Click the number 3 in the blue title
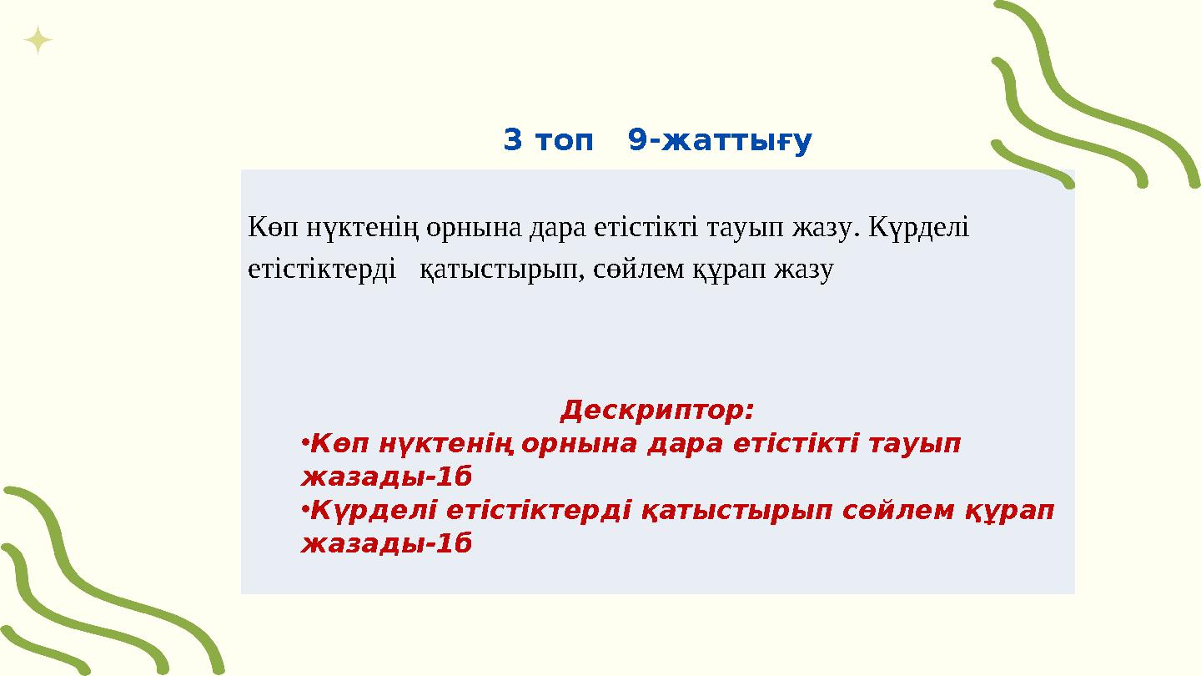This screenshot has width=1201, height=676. [x=513, y=141]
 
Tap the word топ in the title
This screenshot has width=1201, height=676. [x=561, y=141]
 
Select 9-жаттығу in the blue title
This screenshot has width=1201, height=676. [x=720, y=142]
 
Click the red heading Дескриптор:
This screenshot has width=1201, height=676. [x=657, y=411]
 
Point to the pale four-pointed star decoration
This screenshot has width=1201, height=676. [x=38, y=40]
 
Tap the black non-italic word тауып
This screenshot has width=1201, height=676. [x=745, y=227]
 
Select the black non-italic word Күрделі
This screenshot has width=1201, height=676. [x=919, y=227]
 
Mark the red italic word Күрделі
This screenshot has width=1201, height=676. [x=374, y=511]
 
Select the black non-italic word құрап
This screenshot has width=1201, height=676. [x=731, y=270]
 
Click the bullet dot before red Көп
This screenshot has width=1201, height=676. [x=304, y=442]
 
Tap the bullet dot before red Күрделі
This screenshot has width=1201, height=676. [x=304, y=508]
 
